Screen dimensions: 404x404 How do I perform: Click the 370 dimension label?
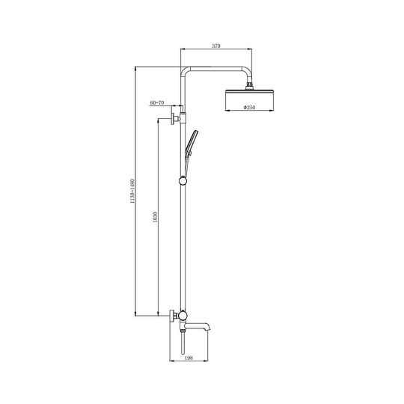click(x=216, y=46)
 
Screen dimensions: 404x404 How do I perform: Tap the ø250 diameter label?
click(x=249, y=107)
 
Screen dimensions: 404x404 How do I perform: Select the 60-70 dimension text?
click(x=157, y=102)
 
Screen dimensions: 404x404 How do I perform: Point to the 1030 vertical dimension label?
click(x=155, y=217)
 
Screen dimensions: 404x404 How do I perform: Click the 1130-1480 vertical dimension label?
click(x=132, y=192)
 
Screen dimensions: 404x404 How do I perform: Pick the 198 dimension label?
click(x=189, y=358)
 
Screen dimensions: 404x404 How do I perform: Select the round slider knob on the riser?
click(x=183, y=180)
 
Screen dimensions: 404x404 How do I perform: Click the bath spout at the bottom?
click(x=198, y=326)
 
